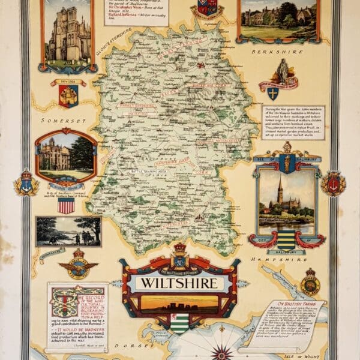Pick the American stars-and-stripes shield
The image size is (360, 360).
pyautogui.click(x=66, y=205)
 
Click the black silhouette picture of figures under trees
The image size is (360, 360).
pyautogui.click(x=67, y=231)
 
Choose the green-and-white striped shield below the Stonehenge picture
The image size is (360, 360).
pyautogui.click(x=179, y=324)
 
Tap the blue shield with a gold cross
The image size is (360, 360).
pyautogui.click(x=273, y=94)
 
